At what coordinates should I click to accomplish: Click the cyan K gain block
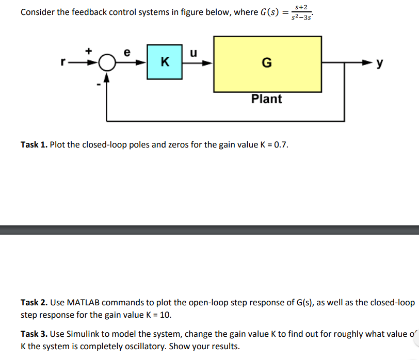[x=164, y=62]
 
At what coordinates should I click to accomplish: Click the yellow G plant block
[x=267, y=63]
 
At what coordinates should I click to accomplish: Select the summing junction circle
[x=107, y=63]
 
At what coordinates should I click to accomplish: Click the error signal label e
[x=128, y=52]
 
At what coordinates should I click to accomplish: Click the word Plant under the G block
[x=266, y=99]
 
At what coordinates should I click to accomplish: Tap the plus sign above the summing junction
[x=89, y=51]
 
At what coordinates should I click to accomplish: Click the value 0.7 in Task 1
[x=281, y=144]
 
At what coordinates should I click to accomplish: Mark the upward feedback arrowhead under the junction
[x=107, y=76]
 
